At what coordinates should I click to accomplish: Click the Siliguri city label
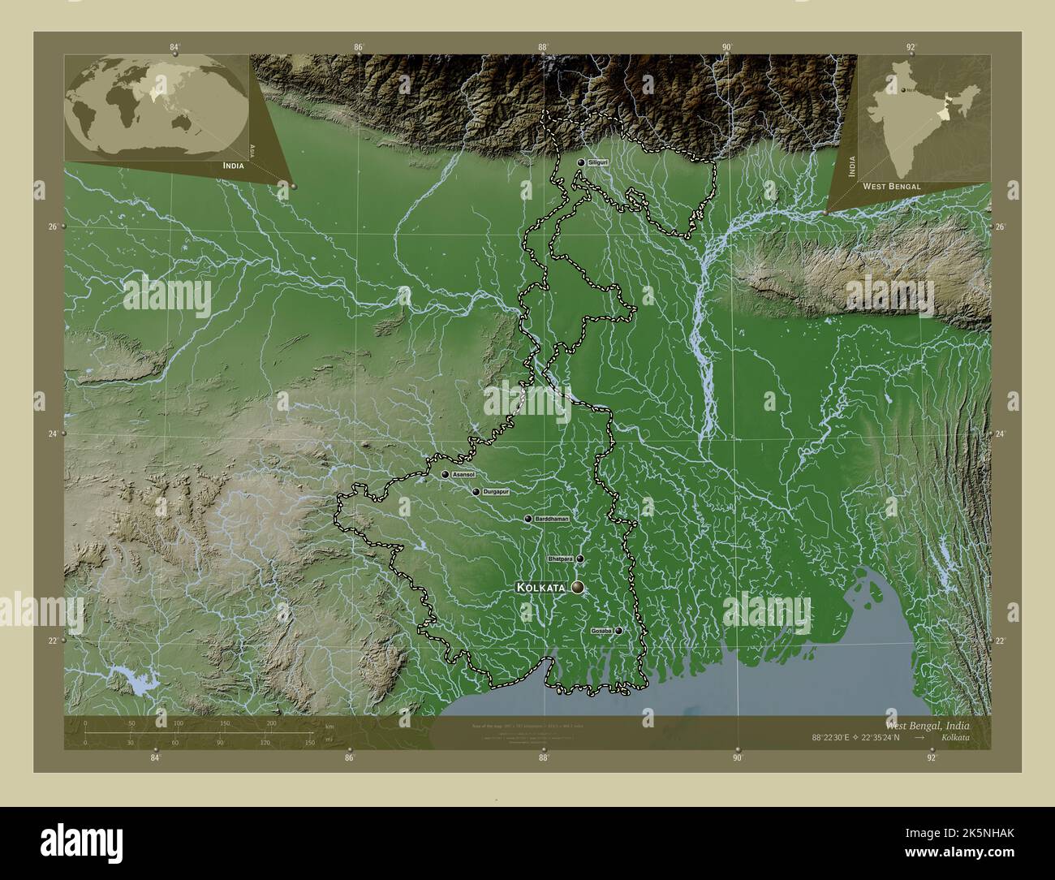coord(598,162)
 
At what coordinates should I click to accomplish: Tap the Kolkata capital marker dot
coord(578,587)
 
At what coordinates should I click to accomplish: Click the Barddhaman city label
coord(551,519)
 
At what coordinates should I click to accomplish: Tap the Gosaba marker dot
coord(619,631)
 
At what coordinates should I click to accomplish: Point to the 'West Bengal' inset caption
coord(891,186)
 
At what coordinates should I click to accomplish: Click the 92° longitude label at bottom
coord(932,757)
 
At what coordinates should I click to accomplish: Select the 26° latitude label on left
coord(52,226)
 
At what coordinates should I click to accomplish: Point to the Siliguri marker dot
coord(581,162)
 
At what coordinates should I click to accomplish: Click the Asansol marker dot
coord(446,474)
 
